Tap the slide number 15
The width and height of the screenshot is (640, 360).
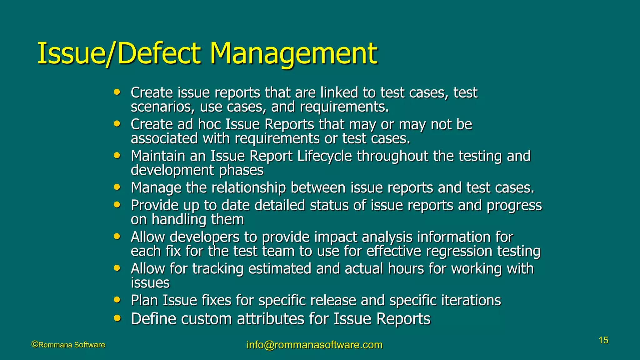[x=603, y=340]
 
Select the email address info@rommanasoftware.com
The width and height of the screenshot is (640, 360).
[x=314, y=345]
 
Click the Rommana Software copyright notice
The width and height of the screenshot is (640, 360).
[x=68, y=345]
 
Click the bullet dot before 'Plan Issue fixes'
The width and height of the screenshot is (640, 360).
[x=117, y=300]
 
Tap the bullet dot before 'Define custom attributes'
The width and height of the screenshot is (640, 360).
[x=117, y=318]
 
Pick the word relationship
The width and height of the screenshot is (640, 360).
[x=248, y=188]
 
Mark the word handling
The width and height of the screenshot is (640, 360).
[x=179, y=220]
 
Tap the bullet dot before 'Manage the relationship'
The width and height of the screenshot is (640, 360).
[x=117, y=187]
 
